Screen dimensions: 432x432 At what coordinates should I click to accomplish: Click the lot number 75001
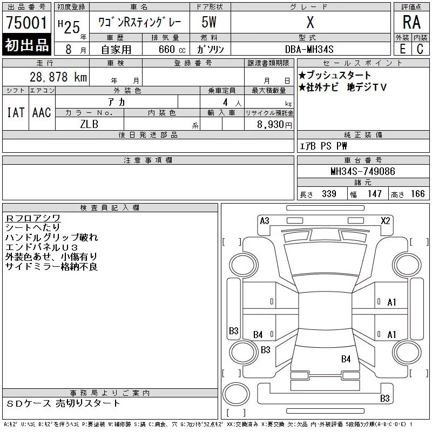coord(26,23)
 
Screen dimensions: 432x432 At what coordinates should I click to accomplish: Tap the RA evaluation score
coord(411,22)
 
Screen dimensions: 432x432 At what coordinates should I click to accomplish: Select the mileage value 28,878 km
coord(58,77)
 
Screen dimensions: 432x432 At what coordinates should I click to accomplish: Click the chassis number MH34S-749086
coord(363,171)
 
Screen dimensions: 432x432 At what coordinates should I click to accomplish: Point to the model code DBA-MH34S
coord(309,49)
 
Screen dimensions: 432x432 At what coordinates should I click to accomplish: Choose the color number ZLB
coord(89,124)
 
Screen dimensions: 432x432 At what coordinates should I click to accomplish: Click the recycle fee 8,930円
coord(274,125)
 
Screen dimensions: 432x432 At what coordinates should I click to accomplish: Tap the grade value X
coord(310,22)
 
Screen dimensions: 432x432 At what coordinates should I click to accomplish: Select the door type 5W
coord(209,22)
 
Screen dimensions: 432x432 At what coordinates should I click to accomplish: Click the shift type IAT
coord(16,112)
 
